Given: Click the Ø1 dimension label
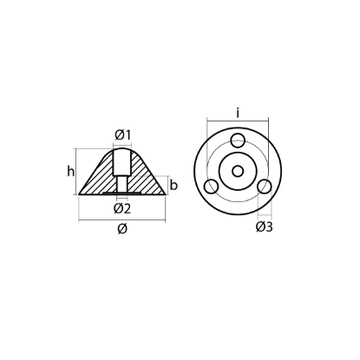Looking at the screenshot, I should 121,134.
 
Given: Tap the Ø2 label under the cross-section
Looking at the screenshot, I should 121,208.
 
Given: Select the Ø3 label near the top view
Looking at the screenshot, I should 265,227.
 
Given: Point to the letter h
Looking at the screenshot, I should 70,171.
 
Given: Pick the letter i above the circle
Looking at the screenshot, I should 236,111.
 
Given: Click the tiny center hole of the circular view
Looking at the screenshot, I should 237,172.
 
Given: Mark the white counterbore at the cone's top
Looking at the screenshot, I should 121,161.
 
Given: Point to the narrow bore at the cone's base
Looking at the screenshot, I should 121,185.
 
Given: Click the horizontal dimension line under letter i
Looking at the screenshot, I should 236,121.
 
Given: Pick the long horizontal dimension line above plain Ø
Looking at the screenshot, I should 121,219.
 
